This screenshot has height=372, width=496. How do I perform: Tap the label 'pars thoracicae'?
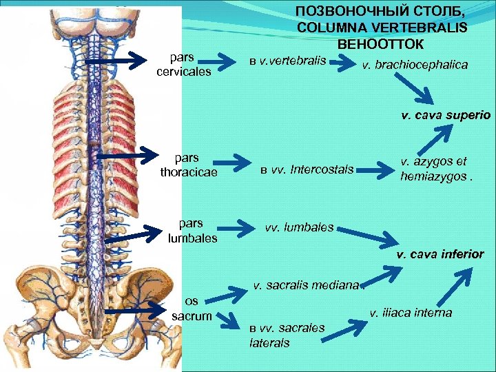click(188, 165)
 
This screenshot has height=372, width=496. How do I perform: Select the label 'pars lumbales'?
click(192, 230)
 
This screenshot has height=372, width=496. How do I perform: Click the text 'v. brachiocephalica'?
click(415, 65)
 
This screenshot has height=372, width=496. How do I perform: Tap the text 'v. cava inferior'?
click(440, 254)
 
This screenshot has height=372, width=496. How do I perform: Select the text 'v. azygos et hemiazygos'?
click(433, 168)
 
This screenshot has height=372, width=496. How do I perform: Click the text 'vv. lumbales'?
click(300, 227)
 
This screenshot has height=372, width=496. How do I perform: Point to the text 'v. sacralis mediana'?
click(307, 284)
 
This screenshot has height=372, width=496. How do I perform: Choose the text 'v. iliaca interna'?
click(411, 313)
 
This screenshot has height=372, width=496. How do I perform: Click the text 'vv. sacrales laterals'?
click(287, 335)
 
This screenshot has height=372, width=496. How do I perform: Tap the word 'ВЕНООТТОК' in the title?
click(382, 43)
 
